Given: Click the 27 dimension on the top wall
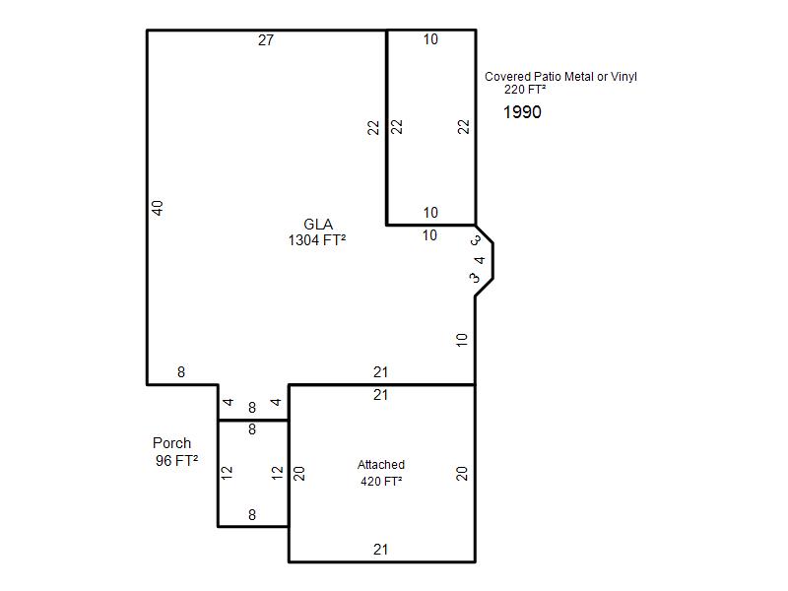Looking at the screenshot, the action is coord(266,40).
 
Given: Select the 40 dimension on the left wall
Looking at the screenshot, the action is coord(158,208).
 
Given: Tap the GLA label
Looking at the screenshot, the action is coord(318,225).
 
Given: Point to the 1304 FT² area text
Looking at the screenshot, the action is coord(317,240).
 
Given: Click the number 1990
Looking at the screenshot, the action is coord(522,112).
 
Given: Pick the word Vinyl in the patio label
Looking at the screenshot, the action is coord(624,77).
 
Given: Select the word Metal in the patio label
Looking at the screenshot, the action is coord(579,77).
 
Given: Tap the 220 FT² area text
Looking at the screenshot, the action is coord(525,90).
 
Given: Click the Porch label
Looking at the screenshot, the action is coord(171,443).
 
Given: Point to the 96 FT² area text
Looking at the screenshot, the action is coord(176,460).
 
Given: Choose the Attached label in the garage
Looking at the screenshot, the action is coord(381,465).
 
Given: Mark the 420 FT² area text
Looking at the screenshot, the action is coord(381,482).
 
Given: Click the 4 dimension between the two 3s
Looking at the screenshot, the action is coord(480,260).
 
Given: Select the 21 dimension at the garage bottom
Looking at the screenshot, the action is coord(380,550).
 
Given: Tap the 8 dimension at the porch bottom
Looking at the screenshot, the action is coord(252,515).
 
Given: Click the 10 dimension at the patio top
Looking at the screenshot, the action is coord(430,39).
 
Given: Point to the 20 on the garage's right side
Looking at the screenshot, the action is coord(462,474).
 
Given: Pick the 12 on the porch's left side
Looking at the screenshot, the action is coord(227,473).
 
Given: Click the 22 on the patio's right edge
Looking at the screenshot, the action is coord(464,127).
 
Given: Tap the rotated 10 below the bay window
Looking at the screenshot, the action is coord(462,340).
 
